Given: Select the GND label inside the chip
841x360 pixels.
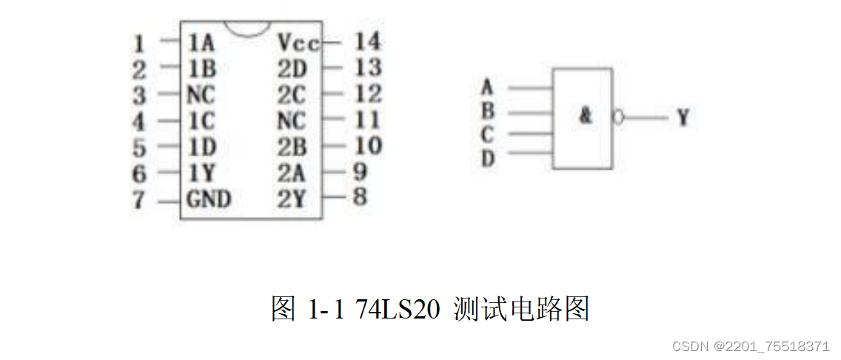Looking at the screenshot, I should tap(209, 199).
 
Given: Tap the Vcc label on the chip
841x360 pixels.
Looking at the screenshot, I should tap(298, 42).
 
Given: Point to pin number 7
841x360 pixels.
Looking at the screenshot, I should tap(139, 200).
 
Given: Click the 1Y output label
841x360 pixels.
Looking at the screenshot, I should tap(201, 173).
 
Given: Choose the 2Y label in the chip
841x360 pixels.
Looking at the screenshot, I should tap(292, 199).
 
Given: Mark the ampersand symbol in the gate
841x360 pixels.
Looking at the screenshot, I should tap(586, 116).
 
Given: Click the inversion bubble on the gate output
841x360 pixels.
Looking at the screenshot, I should tap(618, 117).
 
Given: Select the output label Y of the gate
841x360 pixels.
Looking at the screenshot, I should tap(682, 117).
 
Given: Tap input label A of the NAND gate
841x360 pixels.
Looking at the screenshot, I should tap(487, 87).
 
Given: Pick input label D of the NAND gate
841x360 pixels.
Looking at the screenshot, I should tap(487, 158).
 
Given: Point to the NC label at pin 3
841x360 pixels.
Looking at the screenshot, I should tap(201, 95).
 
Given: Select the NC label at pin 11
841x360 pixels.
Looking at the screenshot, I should tap(292, 120).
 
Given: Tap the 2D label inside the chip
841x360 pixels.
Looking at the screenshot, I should tap(292, 69).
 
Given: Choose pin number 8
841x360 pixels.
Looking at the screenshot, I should tap(361, 199).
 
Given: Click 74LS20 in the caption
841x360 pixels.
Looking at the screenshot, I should tap(399, 308).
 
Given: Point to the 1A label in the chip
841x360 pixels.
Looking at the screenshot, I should tap(201, 42).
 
